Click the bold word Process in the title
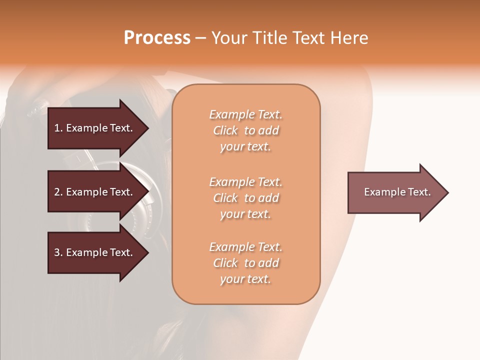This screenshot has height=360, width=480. coord(157,38)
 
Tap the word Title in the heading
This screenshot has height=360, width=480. coord(270,38)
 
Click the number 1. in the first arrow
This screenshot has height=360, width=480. coord(58,128)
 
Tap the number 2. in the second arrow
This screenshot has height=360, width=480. coord(58,192)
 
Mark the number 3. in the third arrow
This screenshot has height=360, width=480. coord(58,252)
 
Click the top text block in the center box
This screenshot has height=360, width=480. coord(245,130)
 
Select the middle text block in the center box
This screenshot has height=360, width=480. coord(245,198)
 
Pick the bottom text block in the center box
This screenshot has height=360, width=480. coord(245,263)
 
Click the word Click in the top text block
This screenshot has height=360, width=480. coord(225,130)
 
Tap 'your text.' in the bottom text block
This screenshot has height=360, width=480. coord(245,279)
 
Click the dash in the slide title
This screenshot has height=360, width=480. coord(200,38)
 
